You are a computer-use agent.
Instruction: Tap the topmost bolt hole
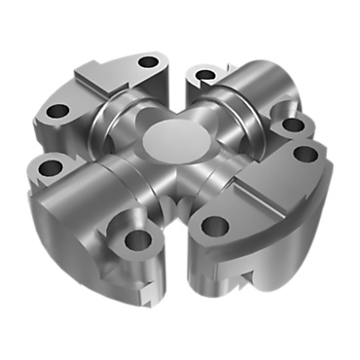[x=148, y=62]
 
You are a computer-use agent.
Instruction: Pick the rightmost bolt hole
[x=305, y=154]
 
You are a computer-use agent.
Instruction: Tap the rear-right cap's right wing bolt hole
[x=287, y=126]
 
